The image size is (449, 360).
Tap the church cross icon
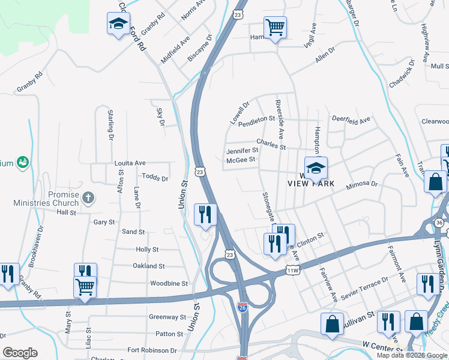tap(88, 197)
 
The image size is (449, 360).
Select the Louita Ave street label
tap(130, 163)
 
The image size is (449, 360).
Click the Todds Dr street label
tap(155, 178)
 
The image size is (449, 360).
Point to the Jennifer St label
tap(242, 151)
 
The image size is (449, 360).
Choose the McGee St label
tap(241, 160)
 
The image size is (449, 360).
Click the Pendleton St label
tap(256, 122)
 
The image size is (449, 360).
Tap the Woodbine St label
tap(169, 283)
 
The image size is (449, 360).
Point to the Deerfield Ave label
tap(351, 120)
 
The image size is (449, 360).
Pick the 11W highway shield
tap(292, 271)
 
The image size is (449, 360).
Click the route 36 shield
tap(439, 223)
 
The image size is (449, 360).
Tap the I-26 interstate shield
tap(242, 308)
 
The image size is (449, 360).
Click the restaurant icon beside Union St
tap(205, 215)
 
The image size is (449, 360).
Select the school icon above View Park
tap(316, 169)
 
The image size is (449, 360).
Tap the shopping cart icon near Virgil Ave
tap(275, 27)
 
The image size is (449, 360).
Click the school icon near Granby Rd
tap(118, 24)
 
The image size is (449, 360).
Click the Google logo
tap(20, 353)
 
